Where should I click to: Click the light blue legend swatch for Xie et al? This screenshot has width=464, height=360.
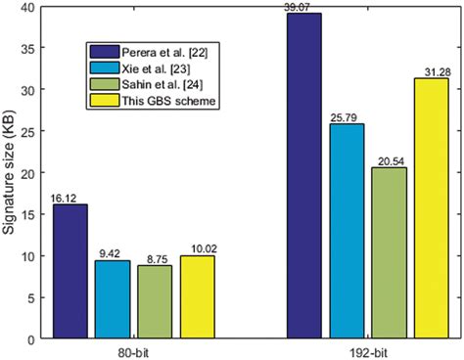[102, 67]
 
